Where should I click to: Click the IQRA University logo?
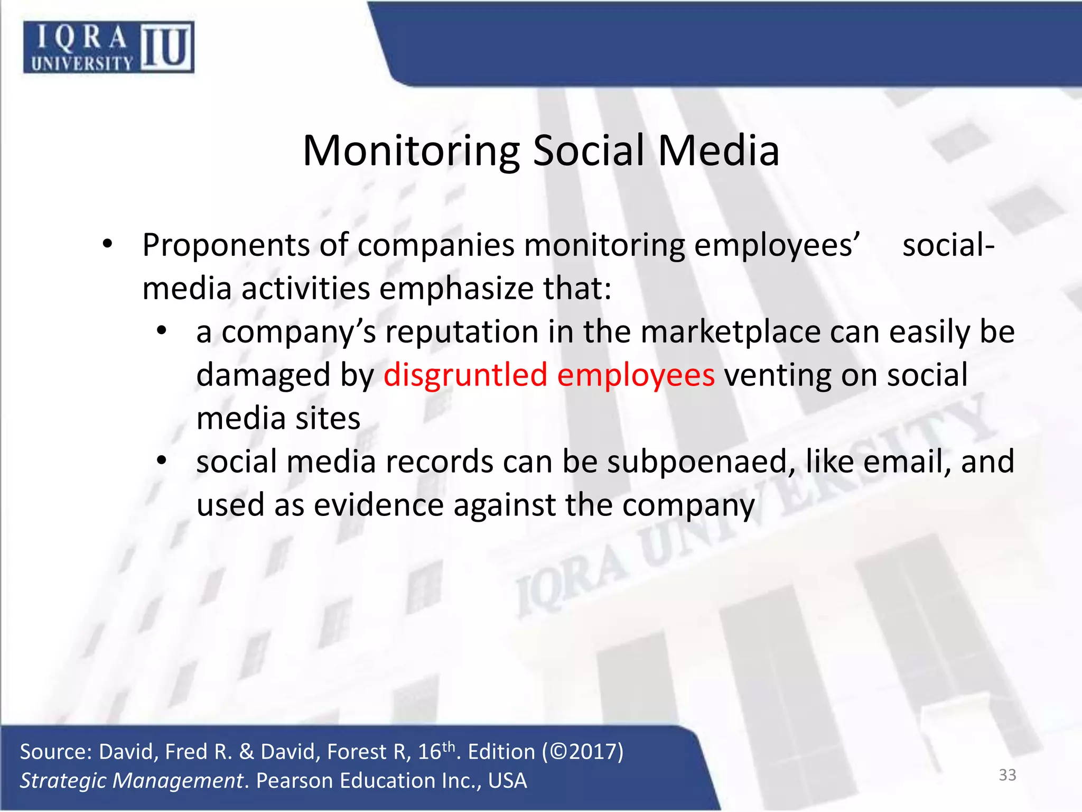108,47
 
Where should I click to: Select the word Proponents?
226,246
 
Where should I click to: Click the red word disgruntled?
465,375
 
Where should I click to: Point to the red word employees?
636,375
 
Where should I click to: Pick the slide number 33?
1007,775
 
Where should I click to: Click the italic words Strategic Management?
132,781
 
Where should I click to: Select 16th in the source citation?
436,751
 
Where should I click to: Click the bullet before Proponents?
108,244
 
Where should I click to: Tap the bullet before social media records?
162,460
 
